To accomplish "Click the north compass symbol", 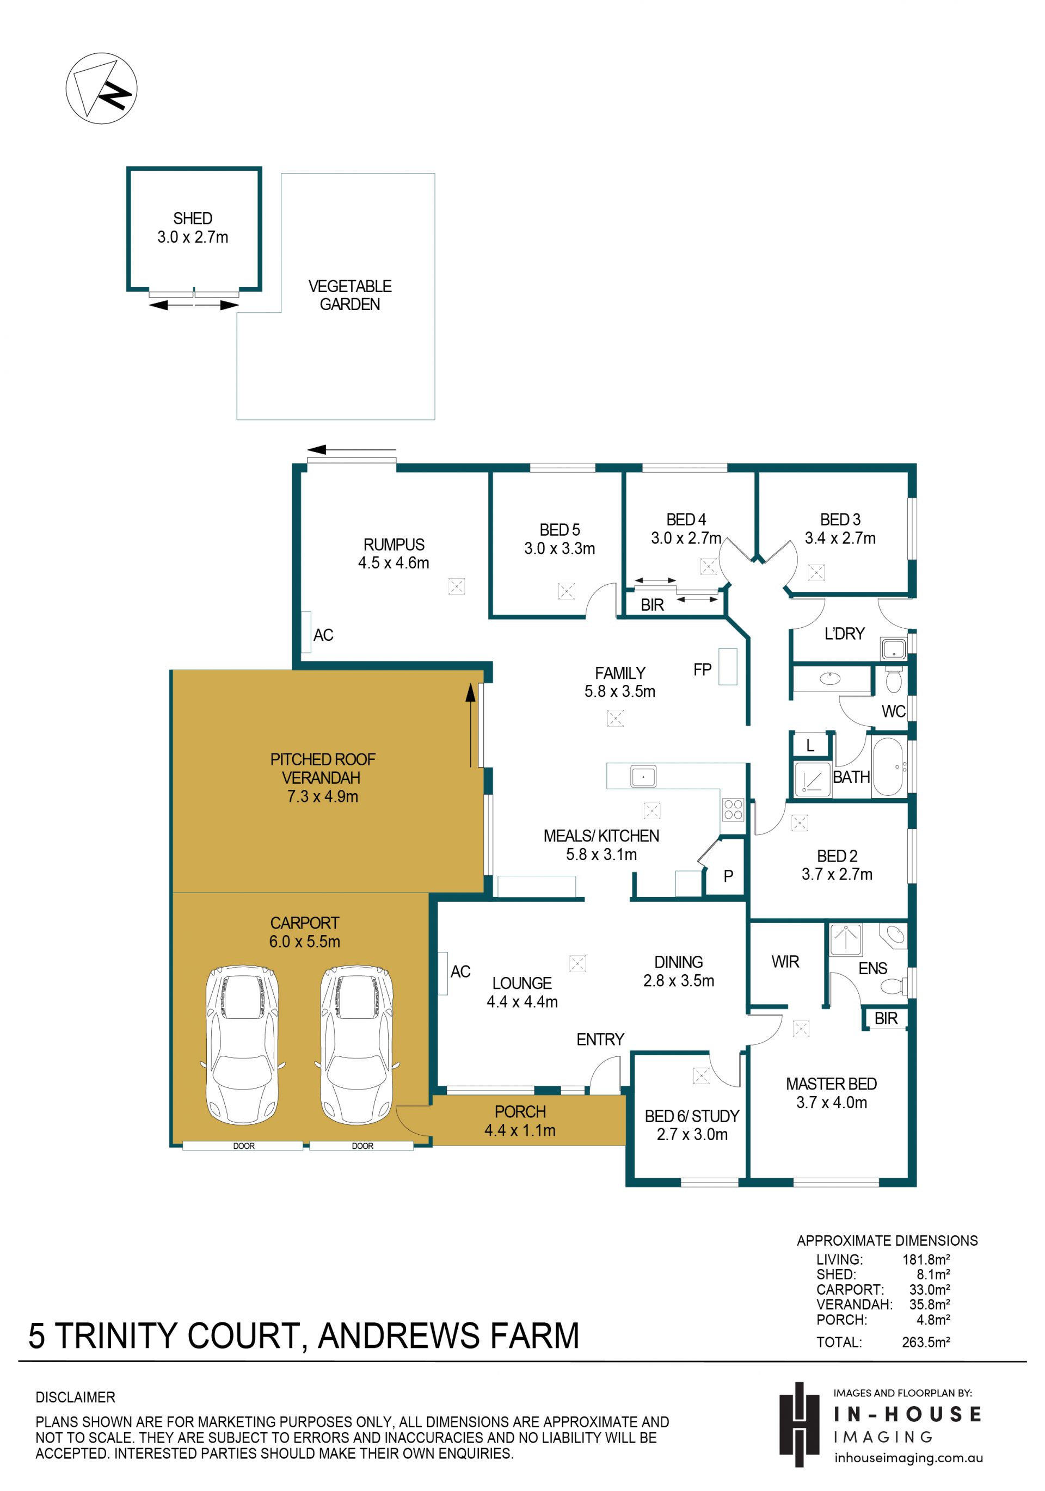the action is pyautogui.click(x=101, y=88).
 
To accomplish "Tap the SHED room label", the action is pyautogui.click(x=192, y=218).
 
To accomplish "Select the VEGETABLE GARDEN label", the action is pyautogui.click(x=349, y=295).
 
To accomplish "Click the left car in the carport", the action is pyautogui.click(x=242, y=1045).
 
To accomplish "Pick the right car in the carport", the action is pyautogui.click(x=356, y=1045).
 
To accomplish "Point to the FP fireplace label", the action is pyautogui.click(x=702, y=670).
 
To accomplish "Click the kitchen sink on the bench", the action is pyautogui.click(x=643, y=776).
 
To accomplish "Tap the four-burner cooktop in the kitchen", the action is pyautogui.click(x=733, y=810).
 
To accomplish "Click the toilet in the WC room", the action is pyautogui.click(x=894, y=679).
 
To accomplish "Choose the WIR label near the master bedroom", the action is pyautogui.click(x=785, y=962).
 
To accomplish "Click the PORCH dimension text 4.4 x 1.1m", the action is pyautogui.click(x=520, y=1130).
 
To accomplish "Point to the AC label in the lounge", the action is pyautogui.click(x=460, y=972).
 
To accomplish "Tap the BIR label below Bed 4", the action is pyautogui.click(x=652, y=605).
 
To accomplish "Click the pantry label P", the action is pyautogui.click(x=729, y=876).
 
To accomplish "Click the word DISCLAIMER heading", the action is pyautogui.click(x=76, y=1397).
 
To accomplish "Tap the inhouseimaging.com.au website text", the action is pyautogui.click(x=908, y=1458).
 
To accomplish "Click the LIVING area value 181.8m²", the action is pyautogui.click(x=925, y=1259).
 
